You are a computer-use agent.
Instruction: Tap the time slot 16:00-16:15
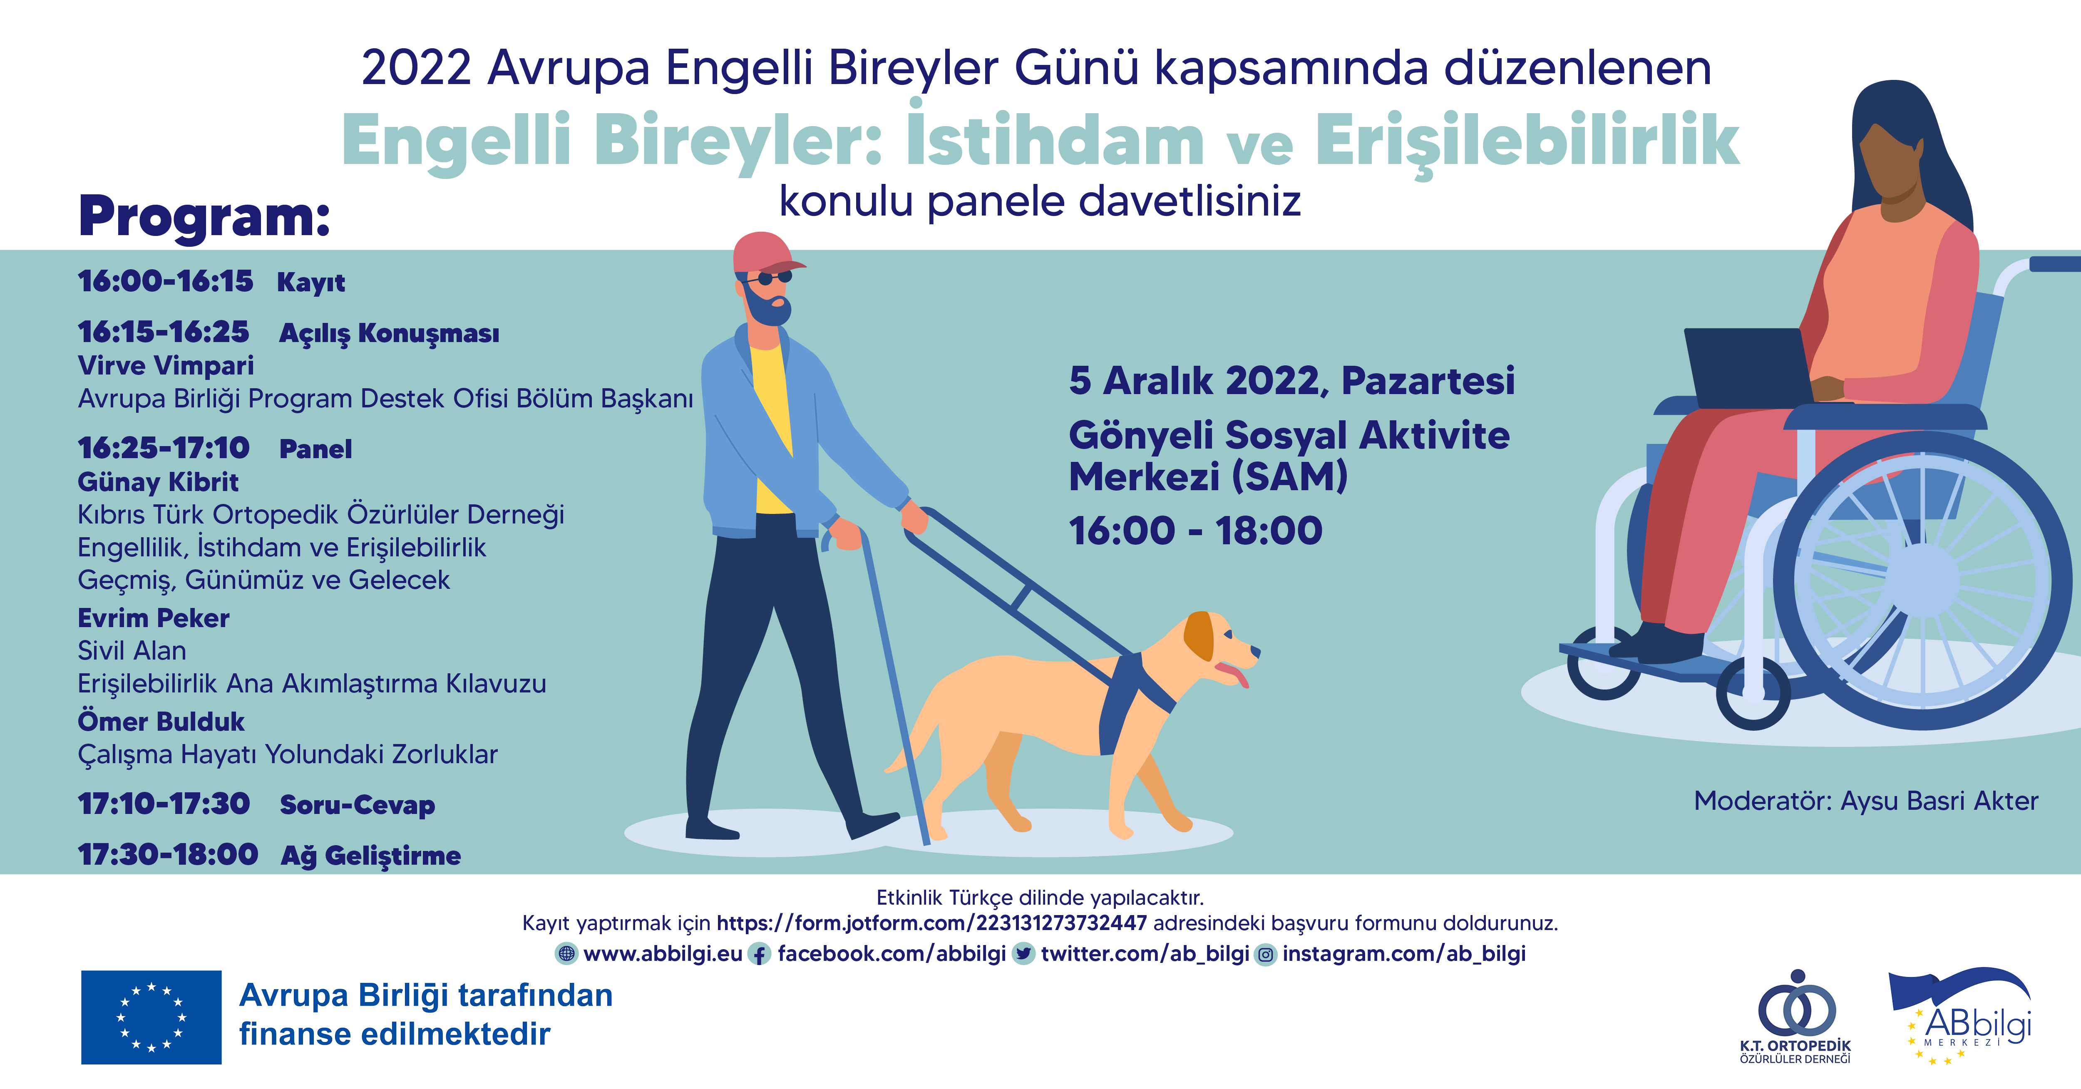click(x=166, y=281)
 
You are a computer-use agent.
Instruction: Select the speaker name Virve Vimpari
click(x=166, y=366)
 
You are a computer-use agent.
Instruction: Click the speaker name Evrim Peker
click(x=154, y=618)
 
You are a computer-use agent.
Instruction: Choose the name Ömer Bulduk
click(x=161, y=722)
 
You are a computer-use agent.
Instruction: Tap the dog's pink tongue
click(x=1234, y=674)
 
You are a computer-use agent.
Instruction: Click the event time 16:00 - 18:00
click(x=1196, y=531)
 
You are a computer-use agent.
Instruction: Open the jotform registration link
click(x=931, y=923)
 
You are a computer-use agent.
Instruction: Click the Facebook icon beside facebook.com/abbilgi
click(x=760, y=954)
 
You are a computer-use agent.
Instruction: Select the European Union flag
click(x=151, y=1017)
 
